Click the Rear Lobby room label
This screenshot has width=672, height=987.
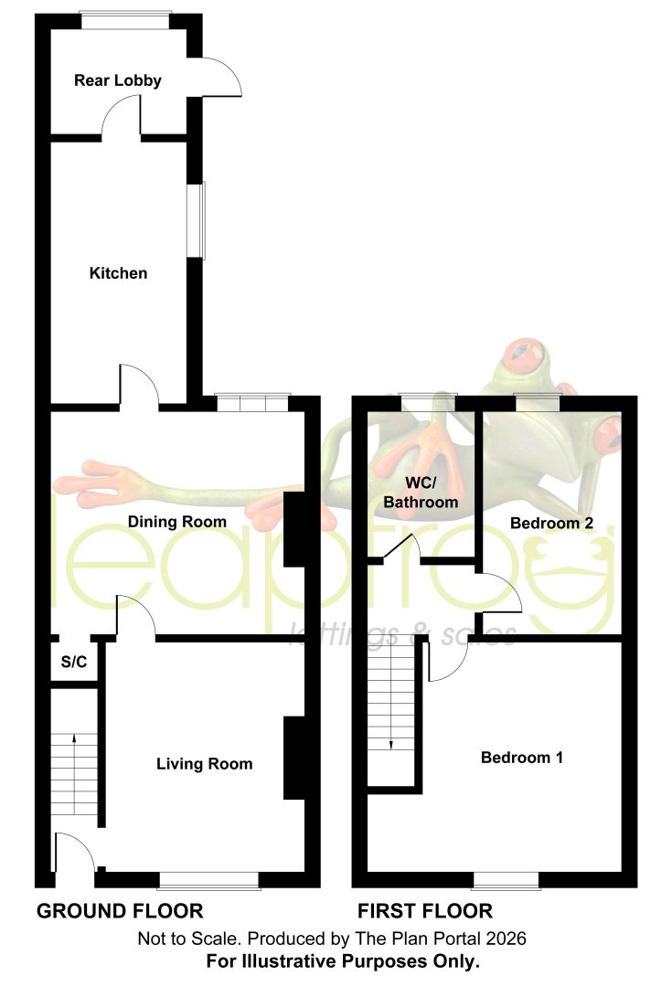coord(118,80)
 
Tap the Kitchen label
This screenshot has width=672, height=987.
coord(119,273)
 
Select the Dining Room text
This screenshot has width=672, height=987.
coord(177,522)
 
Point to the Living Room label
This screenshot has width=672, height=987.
coord(205,764)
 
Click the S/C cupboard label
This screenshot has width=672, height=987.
coord(74,662)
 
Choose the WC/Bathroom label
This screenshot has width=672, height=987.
coord(421,493)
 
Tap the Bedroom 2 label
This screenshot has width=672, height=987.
coord(551,523)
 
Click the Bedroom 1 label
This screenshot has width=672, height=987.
coord(521,758)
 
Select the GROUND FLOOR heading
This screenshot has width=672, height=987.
coord(120,911)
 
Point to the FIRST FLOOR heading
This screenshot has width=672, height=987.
coord(425,911)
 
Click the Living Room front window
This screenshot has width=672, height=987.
coord(209,881)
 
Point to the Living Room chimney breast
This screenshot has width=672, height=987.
coord(294,758)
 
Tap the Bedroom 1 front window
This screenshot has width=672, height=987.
coord(506,881)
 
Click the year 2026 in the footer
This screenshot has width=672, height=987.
coord(506,939)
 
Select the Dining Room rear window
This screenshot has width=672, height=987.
coord(252,402)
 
